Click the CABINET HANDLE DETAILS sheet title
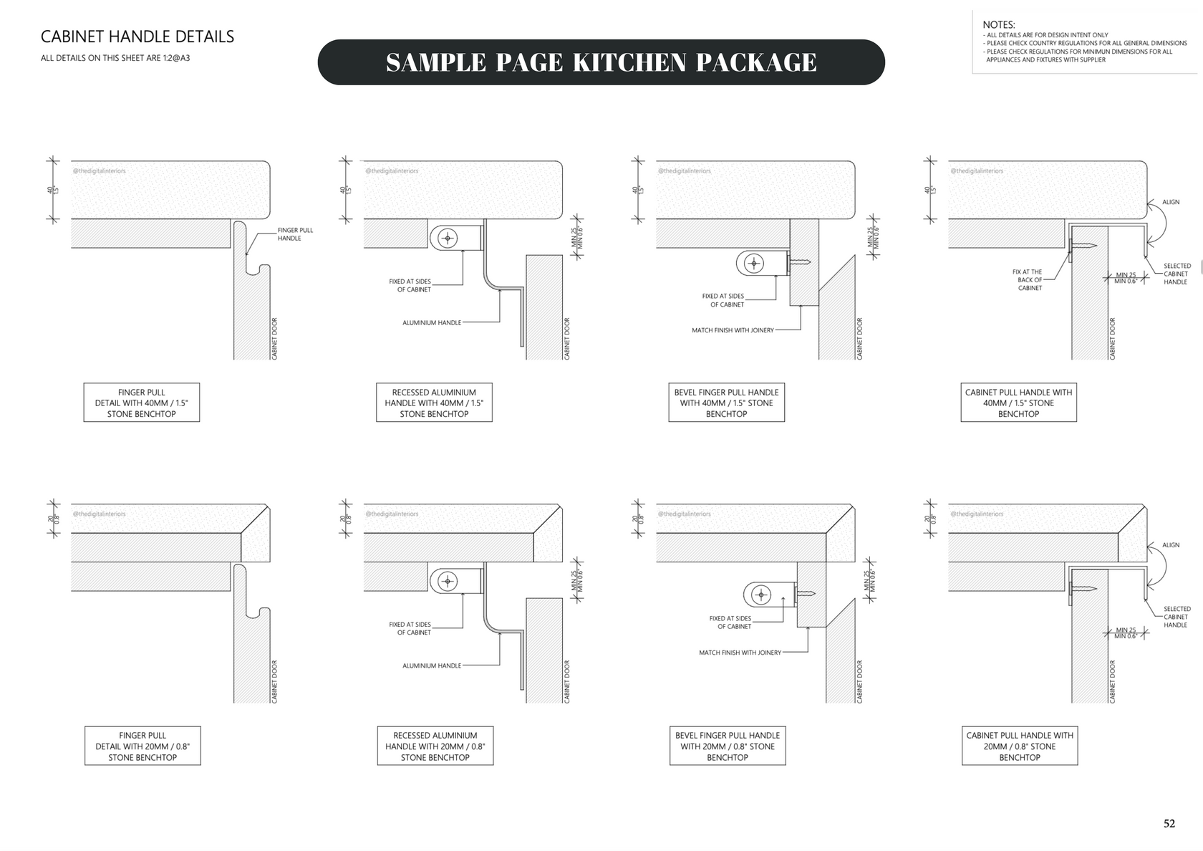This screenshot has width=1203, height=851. coord(137,37)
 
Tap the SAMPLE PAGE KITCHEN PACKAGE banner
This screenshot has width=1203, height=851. coord(601,62)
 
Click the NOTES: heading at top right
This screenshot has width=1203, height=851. coord(998,25)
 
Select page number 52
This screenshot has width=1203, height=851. coord(1169,824)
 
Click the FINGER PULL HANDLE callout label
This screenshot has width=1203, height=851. coord(295,234)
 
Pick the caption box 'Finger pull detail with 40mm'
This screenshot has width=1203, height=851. coord(141,403)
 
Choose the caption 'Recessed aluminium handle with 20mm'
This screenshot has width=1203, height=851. coord(435,746)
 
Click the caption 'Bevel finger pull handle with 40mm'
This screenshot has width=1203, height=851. coord(726,403)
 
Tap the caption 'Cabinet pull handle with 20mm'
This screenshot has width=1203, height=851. coord(1019,746)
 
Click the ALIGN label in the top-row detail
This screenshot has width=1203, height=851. coord(1171,202)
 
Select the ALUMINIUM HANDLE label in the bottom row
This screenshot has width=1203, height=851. coord(432,665)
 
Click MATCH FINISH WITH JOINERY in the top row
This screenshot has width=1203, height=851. coord(733,330)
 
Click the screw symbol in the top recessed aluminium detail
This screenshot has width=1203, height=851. coord(448,238)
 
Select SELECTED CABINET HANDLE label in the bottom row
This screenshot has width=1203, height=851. coord(1176,617)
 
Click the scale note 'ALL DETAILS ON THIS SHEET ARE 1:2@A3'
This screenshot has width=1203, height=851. coord(115,58)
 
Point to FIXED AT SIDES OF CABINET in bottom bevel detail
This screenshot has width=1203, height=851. coord(734,622)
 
